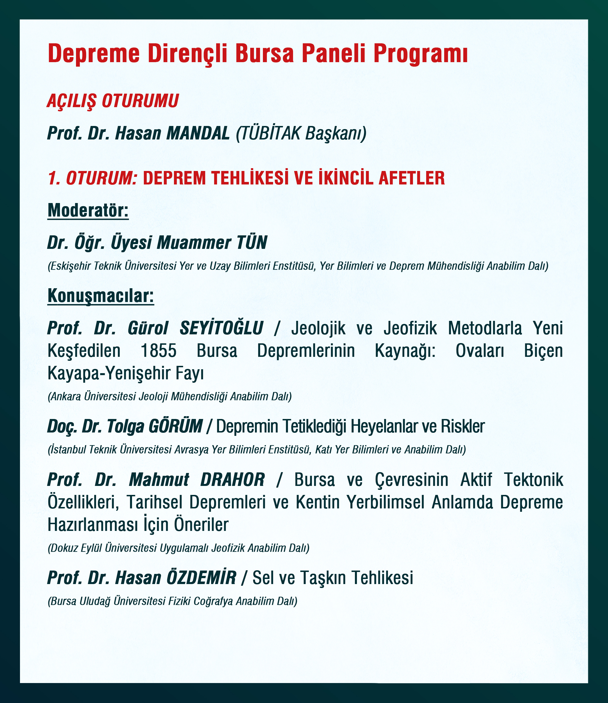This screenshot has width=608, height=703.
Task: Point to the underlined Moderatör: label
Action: coord(88,210)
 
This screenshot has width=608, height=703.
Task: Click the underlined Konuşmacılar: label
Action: coord(100,296)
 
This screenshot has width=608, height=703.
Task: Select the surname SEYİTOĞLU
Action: coord(221,328)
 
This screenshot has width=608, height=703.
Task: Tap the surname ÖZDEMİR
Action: coord(201,578)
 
